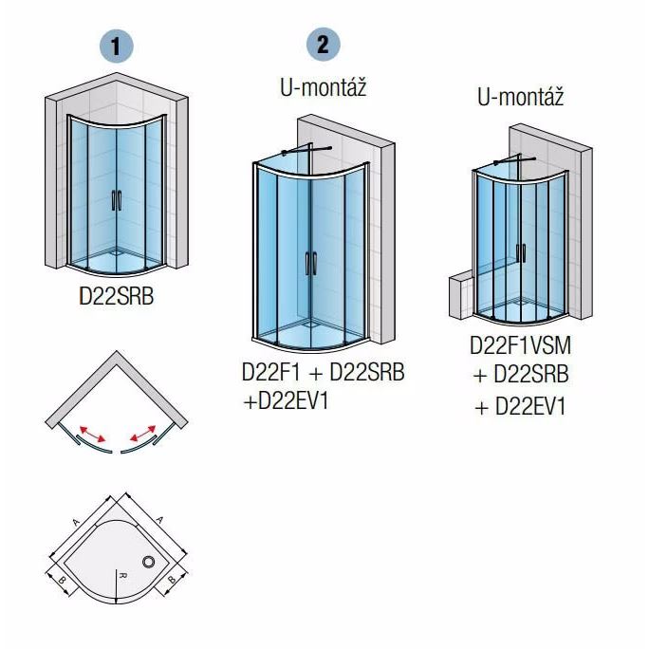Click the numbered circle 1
117,46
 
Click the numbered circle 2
324,45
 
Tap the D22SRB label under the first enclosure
117,296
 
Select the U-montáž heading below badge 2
324,87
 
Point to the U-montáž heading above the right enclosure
521,98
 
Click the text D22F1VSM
520,345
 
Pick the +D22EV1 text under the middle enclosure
286,400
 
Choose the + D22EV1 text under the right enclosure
520,406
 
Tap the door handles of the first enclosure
117,200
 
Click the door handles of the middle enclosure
310,263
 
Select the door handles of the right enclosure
521,253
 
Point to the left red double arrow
93,434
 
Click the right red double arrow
142,434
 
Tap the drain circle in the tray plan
149,562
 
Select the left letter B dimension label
62,580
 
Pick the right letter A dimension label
159,519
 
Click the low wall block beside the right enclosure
461,296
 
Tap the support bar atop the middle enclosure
306,150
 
